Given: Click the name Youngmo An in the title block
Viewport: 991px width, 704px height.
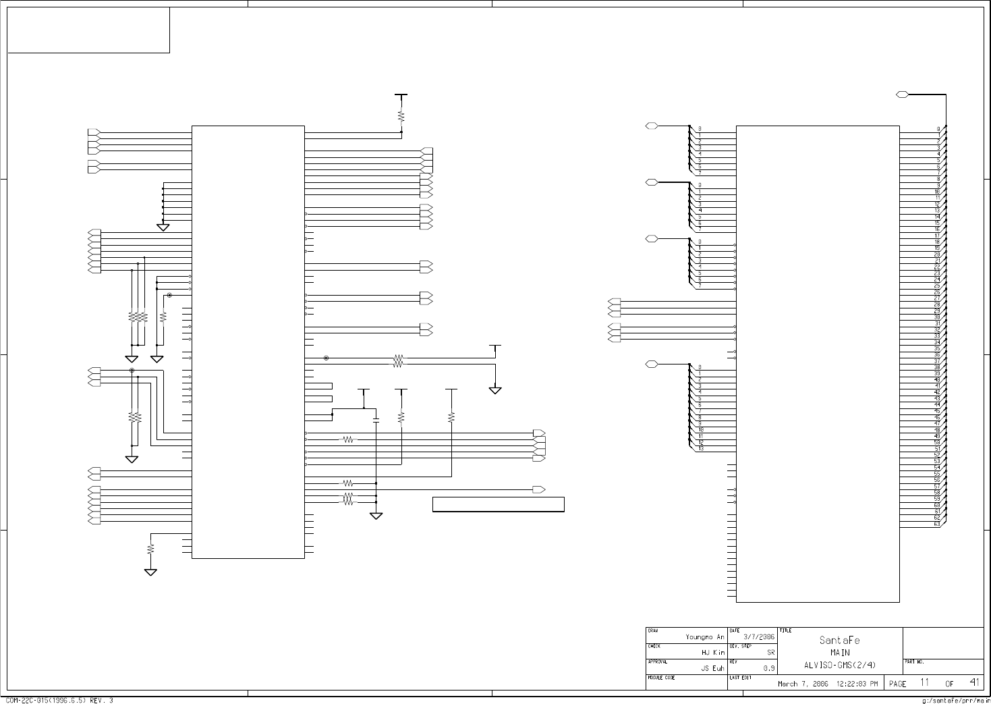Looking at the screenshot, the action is [704, 637].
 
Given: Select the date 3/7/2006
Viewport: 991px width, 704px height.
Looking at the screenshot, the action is [758, 637].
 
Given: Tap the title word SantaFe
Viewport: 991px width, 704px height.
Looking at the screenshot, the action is [840, 640].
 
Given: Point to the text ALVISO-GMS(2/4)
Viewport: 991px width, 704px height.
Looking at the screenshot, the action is [840, 666].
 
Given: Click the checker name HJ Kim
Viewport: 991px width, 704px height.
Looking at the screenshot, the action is [713, 653].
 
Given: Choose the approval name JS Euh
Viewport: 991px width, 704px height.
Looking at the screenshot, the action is [712, 668].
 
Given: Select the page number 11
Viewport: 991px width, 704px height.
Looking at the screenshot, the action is [925, 683].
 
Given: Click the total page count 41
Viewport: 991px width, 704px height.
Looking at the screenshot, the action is [974, 682].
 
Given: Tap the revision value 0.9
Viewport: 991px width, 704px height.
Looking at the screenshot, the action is [768, 668].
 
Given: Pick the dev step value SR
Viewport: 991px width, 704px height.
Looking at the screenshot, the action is [770, 653].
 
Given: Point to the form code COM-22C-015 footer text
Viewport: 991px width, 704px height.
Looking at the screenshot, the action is [59, 701].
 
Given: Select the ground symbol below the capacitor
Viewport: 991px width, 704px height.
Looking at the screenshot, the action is [376, 516].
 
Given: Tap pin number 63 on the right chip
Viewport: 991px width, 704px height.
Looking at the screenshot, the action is [937, 524].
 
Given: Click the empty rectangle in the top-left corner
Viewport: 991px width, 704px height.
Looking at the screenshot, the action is [88, 30].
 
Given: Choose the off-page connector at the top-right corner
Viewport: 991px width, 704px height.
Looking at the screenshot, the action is [903, 94].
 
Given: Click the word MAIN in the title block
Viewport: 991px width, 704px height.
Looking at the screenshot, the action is [840, 653].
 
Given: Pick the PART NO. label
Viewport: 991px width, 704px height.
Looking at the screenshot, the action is [915, 662].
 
